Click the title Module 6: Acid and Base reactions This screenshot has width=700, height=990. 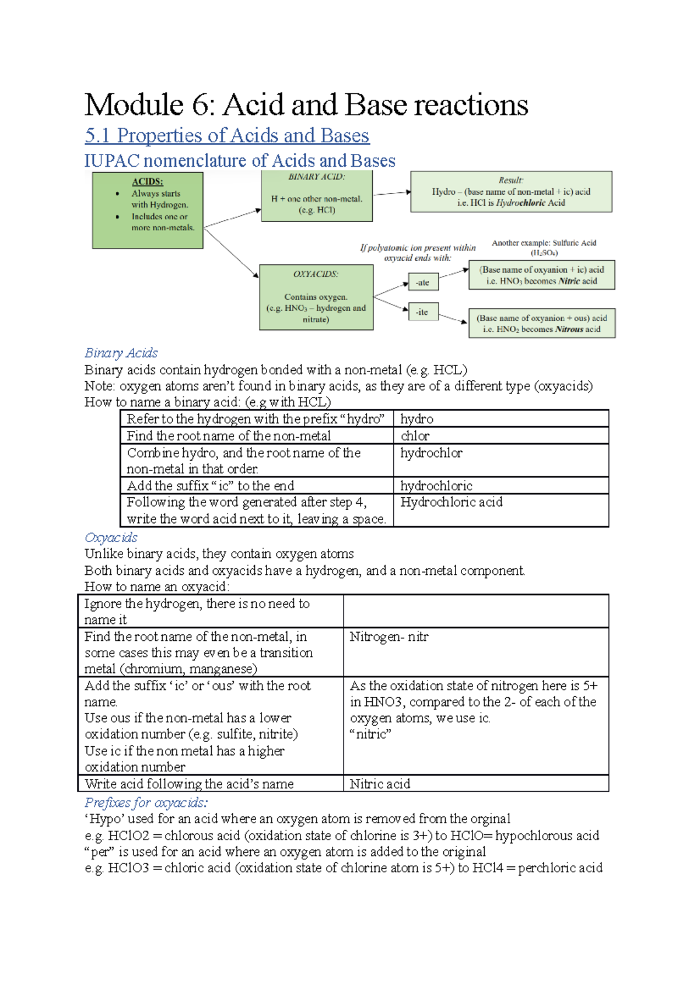pyautogui.click(x=306, y=106)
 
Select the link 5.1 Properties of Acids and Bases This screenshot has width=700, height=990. pyautogui.click(x=227, y=135)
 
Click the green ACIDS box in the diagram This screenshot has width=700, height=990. pyautogui.click(x=148, y=210)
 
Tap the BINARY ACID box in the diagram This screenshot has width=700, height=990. pyautogui.click(x=316, y=197)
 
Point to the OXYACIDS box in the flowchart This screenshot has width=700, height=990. pyautogui.click(x=316, y=297)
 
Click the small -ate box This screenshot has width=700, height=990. pyautogui.click(x=422, y=283)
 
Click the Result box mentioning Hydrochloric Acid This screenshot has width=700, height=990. pyautogui.click(x=511, y=191)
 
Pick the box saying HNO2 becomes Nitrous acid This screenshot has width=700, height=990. pyautogui.click(x=541, y=324)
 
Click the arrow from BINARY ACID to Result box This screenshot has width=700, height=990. pyautogui.click(x=391, y=193)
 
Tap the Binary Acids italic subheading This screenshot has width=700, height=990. pyautogui.click(x=121, y=353)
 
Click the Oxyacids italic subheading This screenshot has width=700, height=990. pyautogui.click(x=111, y=538)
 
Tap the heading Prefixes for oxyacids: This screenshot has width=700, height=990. pyautogui.click(x=146, y=803)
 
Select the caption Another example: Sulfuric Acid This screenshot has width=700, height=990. pyautogui.click(x=544, y=243)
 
